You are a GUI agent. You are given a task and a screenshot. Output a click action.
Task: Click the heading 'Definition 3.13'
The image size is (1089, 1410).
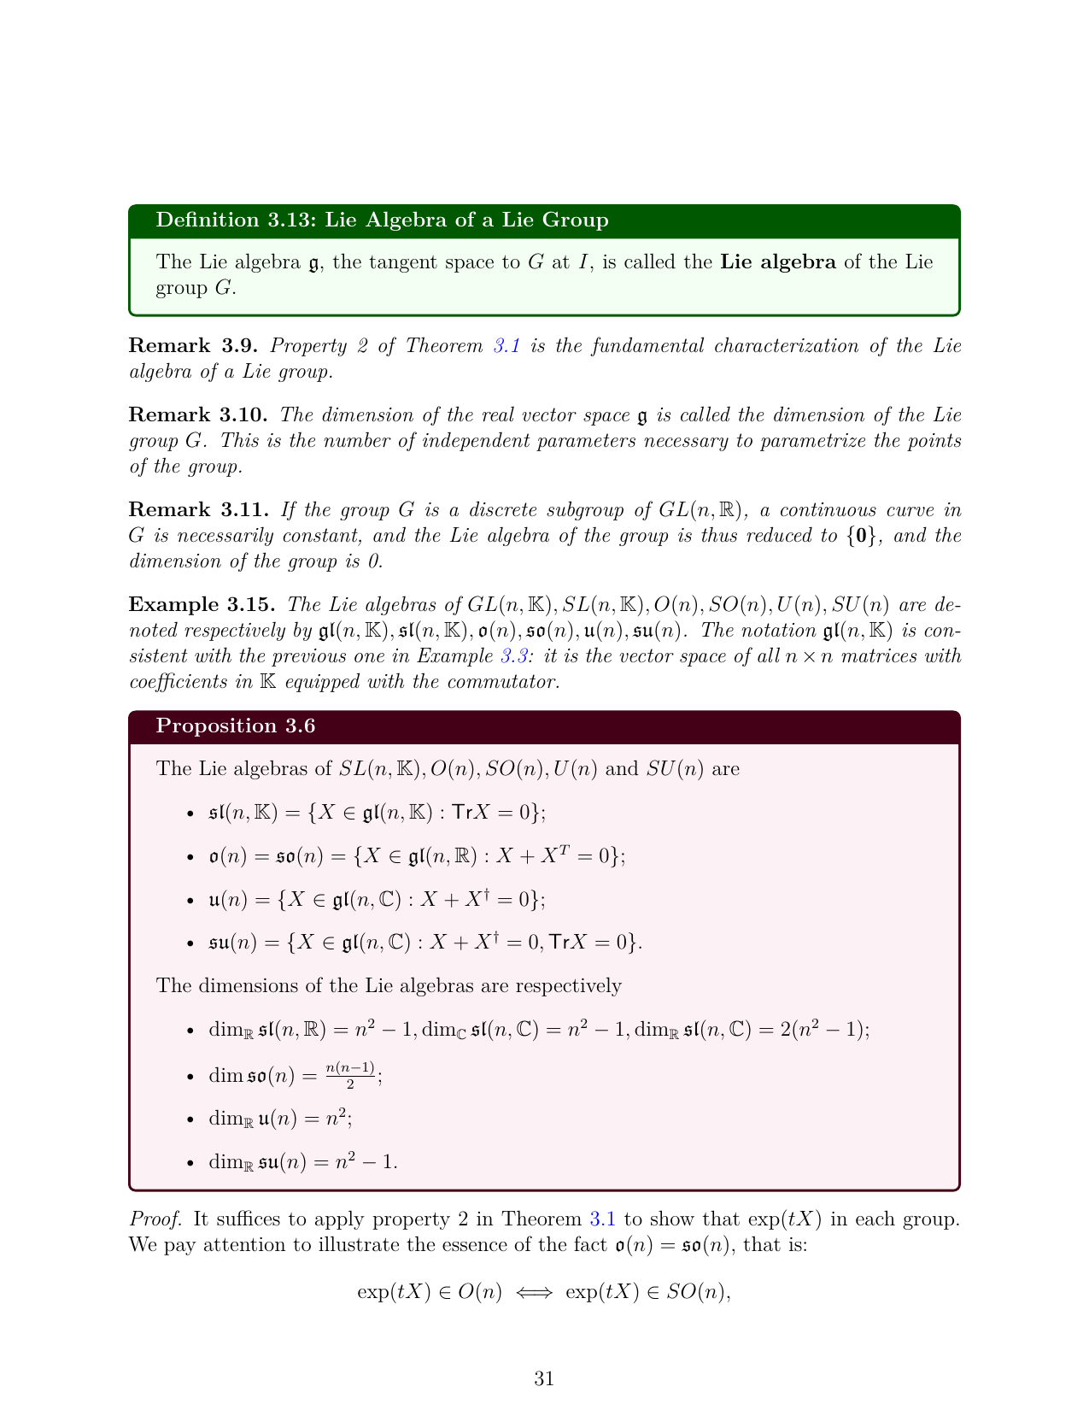click(x=382, y=220)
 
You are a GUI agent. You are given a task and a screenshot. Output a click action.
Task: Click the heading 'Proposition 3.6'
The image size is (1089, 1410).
click(x=236, y=726)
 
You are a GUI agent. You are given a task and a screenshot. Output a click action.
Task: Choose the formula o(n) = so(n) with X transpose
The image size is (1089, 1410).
click(x=417, y=856)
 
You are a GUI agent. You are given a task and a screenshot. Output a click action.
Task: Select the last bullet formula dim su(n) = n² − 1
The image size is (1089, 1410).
click(x=303, y=1162)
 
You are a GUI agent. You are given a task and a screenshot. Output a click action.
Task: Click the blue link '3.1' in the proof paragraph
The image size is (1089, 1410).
click(x=603, y=1219)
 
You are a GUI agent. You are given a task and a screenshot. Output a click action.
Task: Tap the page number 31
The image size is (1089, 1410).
click(x=544, y=1378)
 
